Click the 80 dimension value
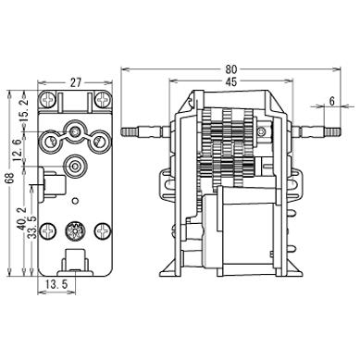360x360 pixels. pos(231,69)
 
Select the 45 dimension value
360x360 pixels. pos(231,81)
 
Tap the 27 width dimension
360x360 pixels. pos(75,82)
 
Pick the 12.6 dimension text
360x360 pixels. pos(18,150)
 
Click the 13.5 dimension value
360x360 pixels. pos(56,284)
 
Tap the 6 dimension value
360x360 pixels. pos(332,101)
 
